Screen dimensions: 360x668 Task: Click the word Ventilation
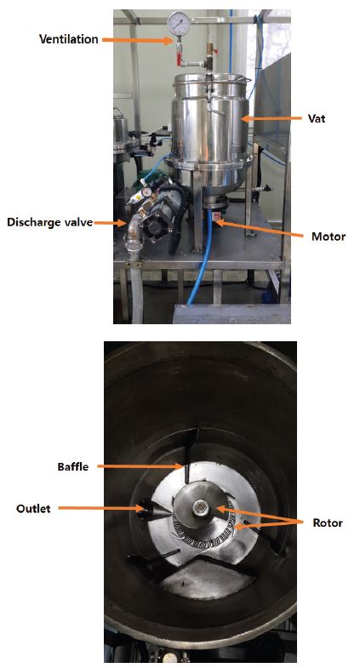[69, 39]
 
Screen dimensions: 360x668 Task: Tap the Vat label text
[317, 118]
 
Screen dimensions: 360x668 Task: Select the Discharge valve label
[50, 222]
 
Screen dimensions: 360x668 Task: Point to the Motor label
[328, 236]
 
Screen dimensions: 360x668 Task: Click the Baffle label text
[73, 466]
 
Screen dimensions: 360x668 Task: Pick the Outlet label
[33, 508]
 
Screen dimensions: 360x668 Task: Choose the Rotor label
[328, 522]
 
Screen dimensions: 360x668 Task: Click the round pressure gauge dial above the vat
[179, 22]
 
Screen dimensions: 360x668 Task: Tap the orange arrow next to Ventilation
[137, 40]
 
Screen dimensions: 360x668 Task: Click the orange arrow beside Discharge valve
[111, 222]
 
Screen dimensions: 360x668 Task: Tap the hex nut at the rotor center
[199, 507]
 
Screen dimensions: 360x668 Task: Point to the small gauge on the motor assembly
[147, 192]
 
